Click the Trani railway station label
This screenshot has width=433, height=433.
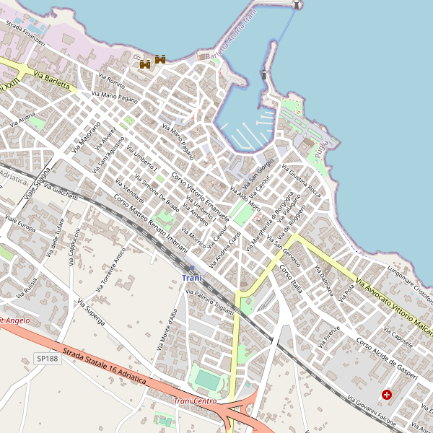pos(192,278)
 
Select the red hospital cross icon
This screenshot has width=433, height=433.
pos(387,395)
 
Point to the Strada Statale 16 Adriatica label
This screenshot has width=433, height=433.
pos(105,366)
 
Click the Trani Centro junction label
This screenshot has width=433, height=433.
pos(195,401)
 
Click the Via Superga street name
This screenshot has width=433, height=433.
pos(92,312)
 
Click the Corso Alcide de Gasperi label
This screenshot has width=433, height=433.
pos(387,353)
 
